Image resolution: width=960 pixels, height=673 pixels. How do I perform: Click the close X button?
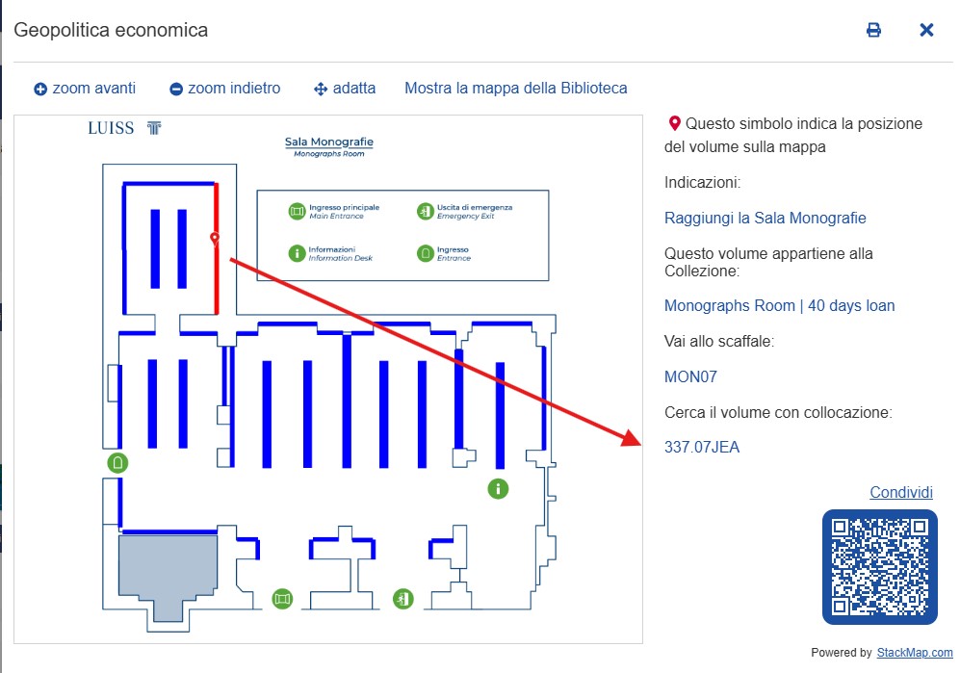[926, 30]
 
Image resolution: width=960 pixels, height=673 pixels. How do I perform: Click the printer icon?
[873, 30]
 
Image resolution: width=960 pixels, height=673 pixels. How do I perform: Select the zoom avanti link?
[85, 89]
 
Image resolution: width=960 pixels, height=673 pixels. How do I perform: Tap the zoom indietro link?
[224, 89]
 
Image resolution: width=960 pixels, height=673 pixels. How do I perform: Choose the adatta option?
[345, 89]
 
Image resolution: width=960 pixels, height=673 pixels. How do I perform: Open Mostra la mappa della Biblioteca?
[515, 89]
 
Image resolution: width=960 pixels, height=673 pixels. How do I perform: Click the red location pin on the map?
[215, 238]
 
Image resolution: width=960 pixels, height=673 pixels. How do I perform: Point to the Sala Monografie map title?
[328, 142]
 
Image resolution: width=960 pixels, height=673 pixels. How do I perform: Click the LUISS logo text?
[112, 128]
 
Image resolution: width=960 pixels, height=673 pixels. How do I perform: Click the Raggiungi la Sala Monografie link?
[765, 218]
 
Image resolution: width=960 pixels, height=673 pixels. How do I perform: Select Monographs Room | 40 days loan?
[779, 306]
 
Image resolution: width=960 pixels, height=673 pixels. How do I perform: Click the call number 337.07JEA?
[702, 447]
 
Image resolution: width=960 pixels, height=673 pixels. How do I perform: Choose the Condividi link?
[900, 493]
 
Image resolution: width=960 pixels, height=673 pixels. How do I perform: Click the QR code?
[879, 566]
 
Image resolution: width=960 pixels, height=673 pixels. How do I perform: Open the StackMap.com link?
[914, 652]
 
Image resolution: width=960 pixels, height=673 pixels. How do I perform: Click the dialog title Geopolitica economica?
[111, 30]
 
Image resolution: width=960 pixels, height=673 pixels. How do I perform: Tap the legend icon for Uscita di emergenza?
[425, 211]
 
